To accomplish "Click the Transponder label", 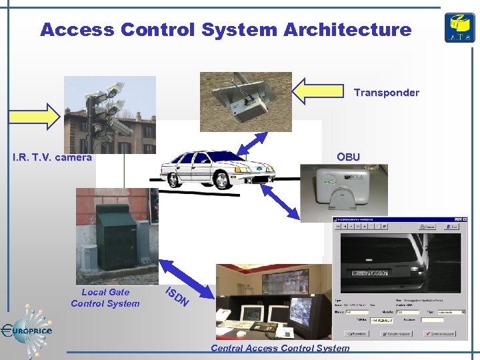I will pyautogui.click(x=386, y=93).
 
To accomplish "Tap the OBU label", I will pyautogui.click(x=348, y=157).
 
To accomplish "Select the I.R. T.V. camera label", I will pyautogui.click(x=52, y=158).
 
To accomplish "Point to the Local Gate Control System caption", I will pyautogui.click(x=105, y=297).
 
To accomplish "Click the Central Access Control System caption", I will pyautogui.click(x=279, y=348).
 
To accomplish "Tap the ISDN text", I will pyautogui.click(x=177, y=297).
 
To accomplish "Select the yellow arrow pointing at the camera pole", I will pyautogui.click(x=33, y=117).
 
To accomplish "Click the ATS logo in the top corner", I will pyautogui.click(x=459, y=27).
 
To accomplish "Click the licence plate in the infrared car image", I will pyautogui.click(x=371, y=273).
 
